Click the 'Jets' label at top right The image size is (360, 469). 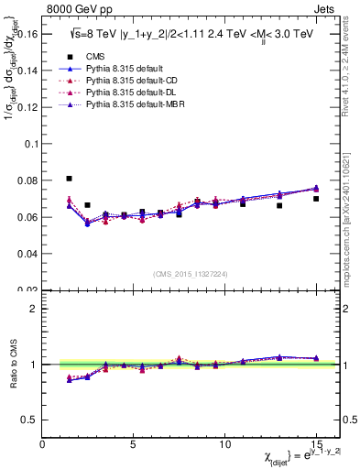point(326,10)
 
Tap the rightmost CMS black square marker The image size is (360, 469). point(316,199)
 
